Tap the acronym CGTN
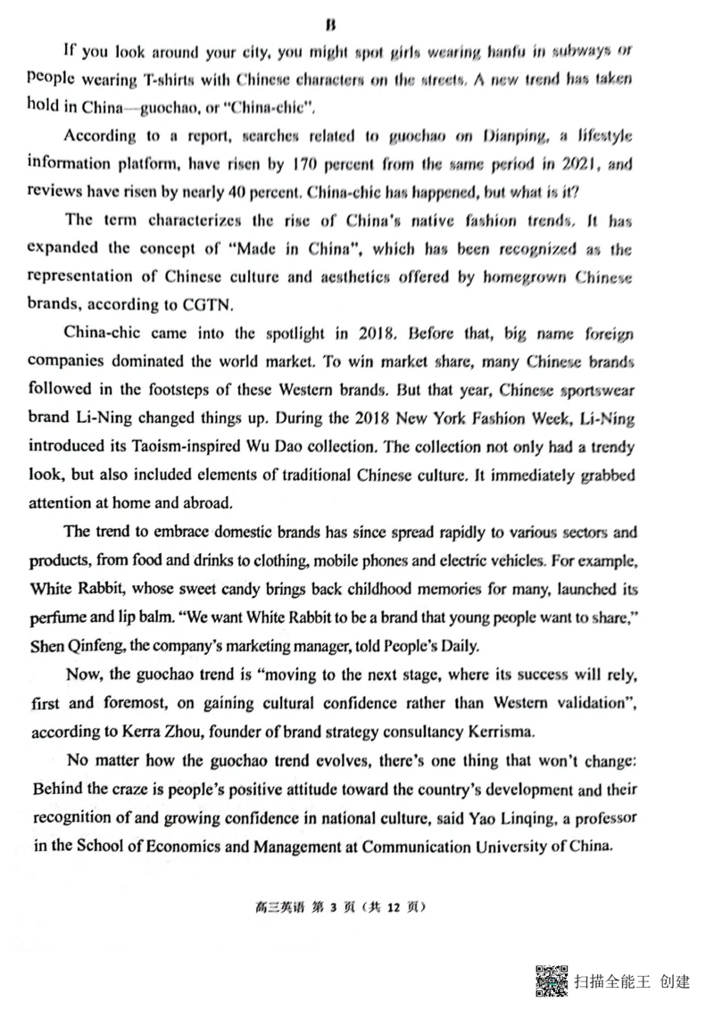[211, 303]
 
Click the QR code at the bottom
[552, 981]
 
